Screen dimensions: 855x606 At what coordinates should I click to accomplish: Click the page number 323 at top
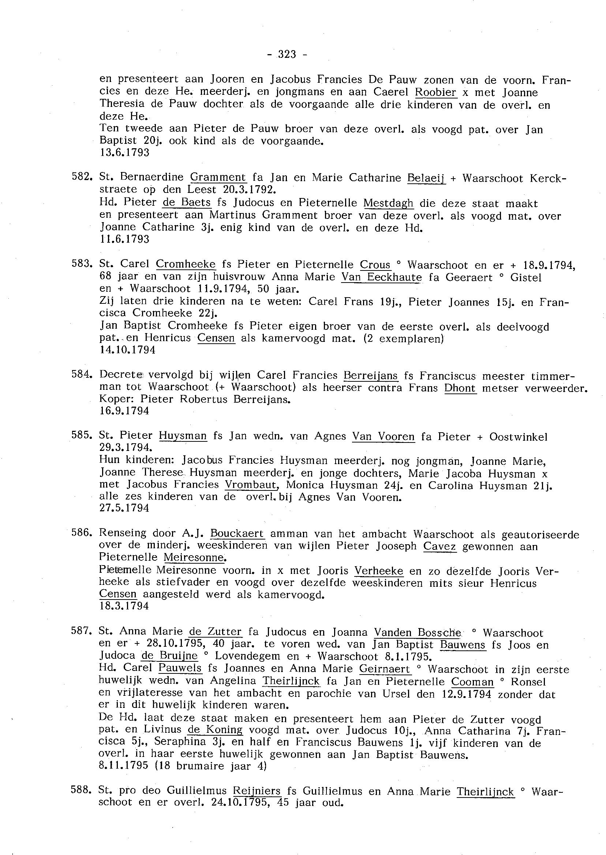coord(287,55)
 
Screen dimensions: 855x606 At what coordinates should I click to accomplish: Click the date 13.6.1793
coord(125,153)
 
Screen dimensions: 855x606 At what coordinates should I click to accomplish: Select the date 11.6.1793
coord(125,239)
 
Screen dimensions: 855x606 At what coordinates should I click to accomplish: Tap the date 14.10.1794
coord(128,350)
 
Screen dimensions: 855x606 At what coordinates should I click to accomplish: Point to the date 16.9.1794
coord(125,411)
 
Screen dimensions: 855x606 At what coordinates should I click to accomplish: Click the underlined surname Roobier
coord(436,92)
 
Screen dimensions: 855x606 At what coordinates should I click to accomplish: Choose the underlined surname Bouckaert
coord(237,534)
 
